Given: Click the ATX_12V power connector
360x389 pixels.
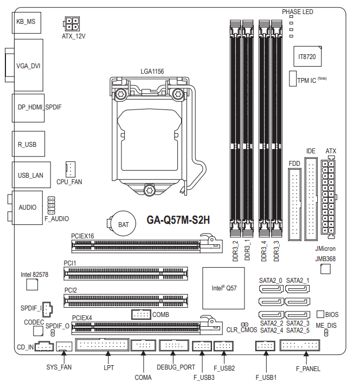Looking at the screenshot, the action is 72,24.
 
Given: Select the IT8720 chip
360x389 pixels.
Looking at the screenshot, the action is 307,56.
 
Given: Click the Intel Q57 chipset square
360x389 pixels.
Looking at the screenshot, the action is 223,288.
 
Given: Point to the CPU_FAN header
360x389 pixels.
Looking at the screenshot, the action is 70,170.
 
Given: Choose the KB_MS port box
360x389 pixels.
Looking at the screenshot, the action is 27,23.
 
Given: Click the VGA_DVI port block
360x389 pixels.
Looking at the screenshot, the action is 28,65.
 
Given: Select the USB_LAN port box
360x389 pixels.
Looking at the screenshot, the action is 31,175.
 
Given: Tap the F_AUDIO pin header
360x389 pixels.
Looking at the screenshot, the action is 52,205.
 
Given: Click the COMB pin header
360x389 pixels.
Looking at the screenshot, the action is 141,315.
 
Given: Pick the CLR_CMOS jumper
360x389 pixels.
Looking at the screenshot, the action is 245,325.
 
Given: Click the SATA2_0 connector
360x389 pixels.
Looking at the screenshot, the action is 271,289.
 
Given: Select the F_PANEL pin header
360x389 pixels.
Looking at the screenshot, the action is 300,345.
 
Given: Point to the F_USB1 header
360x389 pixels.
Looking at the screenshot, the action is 265,346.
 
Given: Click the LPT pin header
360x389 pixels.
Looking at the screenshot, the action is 102,345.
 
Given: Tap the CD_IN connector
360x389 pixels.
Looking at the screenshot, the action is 44,346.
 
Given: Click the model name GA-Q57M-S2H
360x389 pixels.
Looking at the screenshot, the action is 178,220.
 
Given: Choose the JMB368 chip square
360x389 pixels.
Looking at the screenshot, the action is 325,269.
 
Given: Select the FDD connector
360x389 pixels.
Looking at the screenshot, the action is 295,204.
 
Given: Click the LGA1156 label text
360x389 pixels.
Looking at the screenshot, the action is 152,72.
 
